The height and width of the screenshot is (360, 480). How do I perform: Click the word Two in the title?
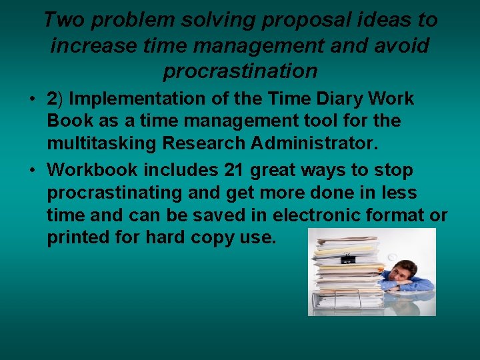pyautogui.click(x=65, y=20)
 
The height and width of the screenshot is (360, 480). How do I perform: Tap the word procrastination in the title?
pyautogui.click(x=240, y=70)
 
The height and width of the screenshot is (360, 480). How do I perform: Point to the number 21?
pyautogui.click(x=233, y=169)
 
